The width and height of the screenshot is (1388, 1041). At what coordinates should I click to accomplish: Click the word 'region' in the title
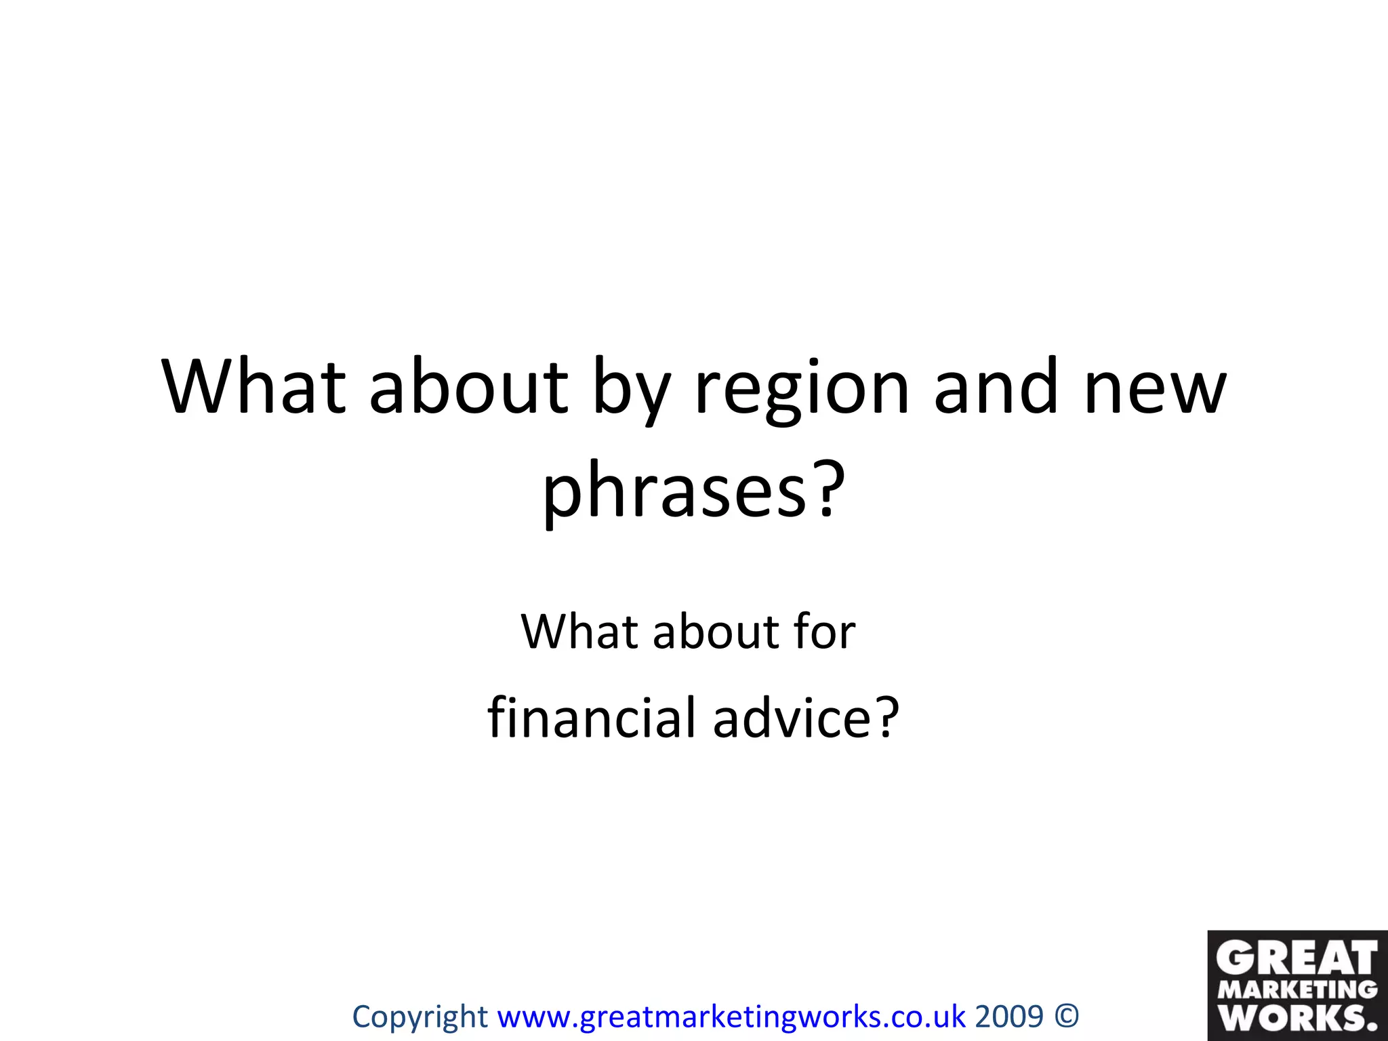(x=801, y=390)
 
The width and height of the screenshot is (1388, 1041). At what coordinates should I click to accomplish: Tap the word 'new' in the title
(x=1155, y=390)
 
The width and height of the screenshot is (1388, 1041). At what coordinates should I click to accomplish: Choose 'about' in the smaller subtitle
(x=716, y=632)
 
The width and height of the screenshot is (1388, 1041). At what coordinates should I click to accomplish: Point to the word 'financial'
(x=592, y=718)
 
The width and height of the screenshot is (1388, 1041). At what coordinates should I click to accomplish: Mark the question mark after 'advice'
(x=886, y=717)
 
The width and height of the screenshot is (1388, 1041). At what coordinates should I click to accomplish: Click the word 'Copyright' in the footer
(x=420, y=1017)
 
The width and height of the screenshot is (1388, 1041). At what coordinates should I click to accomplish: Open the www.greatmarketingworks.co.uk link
(x=731, y=1017)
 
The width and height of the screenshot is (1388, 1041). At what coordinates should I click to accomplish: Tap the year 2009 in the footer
(x=1009, y=1017)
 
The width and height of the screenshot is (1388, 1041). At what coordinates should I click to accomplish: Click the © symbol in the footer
(x=1067, y=1017)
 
